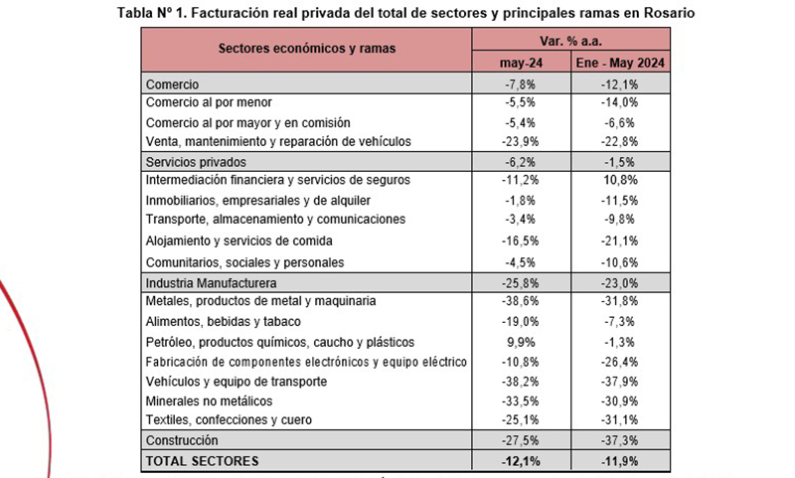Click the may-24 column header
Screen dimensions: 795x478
pos(521,63)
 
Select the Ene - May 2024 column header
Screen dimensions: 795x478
pos(620,63)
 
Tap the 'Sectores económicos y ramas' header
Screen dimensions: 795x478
pos(307,49)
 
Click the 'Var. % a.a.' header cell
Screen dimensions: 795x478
pos(570,41)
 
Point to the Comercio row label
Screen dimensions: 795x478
pos(172,84)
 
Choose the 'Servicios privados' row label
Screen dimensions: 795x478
pos(196,162)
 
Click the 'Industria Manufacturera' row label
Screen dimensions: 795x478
pos(211,283)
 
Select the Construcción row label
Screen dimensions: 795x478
pos(182,440)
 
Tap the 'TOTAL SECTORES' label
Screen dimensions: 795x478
pos(202,461)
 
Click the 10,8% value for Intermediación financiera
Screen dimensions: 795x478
pos(620,180)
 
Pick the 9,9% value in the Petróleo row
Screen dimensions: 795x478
pos(521,342)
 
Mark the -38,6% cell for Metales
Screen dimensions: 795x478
pos(521,301)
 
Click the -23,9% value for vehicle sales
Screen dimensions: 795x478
pos(521,141)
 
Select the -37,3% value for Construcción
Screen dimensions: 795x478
pos(620,440)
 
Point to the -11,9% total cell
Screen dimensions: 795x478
pos(620,461)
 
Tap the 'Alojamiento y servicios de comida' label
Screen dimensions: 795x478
pos(238,240)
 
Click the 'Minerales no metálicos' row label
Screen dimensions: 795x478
pos(209,400)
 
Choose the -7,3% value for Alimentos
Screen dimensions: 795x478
pos(620,322)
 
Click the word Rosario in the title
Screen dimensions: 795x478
pos(669,13)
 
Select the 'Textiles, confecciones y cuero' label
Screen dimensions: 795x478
pos(229,419)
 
